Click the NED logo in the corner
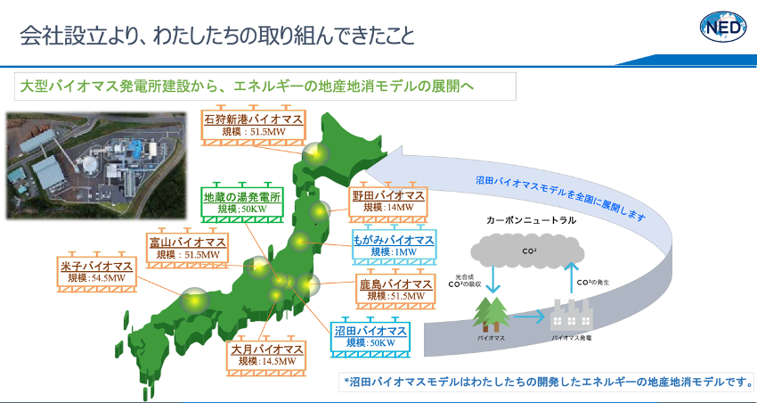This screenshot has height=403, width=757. pyautogui.click(x=723, y=27)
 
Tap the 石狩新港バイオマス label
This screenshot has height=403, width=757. pyautogui.click(x=254, y=125)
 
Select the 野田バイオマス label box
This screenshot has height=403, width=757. pyautogui.click(x=388, y=202)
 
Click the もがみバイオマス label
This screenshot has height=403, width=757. pyautogui.click(x=394, y=246)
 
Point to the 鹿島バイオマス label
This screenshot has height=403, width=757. pyautogui.click(x=396, y=289)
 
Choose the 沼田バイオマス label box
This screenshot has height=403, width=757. pyautogui.click(x=370, y=336)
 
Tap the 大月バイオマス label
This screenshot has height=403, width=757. pyautogui.click(x=266, y=355)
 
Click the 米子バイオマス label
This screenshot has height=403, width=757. pyautogui.click(x=96, y=272)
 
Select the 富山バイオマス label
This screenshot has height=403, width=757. pyautogui.click(x=187, y=248)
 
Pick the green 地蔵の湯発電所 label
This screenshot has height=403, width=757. pyautogui.click(x=242, y=202)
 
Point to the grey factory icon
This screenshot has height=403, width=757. pyautogui.click(x=572, y=315)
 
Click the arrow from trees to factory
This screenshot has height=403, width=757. pyautogui.click(x=530, y=317)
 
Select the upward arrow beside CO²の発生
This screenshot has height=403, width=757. pyautogui.click(x=571, y=278)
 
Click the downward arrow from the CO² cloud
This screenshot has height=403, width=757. pyautogui.click(x=492, y=279)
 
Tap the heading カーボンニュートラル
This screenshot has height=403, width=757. pyautogui.click(x=531, y=220)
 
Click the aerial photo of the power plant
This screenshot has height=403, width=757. pyautogui.click(x=95, y=165)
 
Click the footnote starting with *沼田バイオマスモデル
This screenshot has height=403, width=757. pyautogui.click(x=549, y=382)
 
